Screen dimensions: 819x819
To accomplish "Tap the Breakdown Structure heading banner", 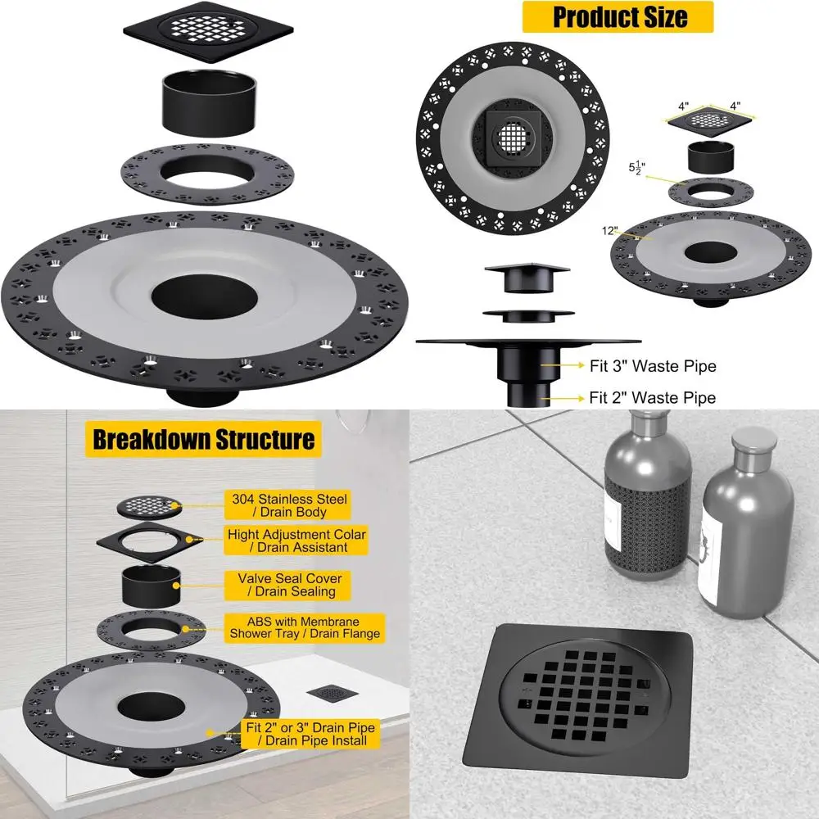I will click(x=203, y=438).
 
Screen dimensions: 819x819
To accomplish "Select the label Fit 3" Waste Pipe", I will click(x=653, y=366).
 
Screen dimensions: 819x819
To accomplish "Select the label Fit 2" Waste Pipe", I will click(x=653, y=398).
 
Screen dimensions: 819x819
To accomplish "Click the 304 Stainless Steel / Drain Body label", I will click(x=288, y=505).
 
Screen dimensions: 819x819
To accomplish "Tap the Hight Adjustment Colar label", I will click(x=296, y=541).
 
